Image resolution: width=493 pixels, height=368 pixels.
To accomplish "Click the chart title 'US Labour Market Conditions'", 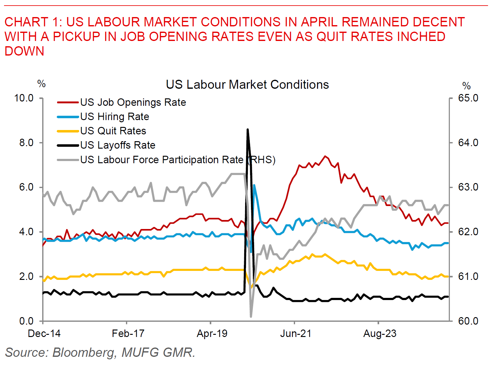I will click(x=247, y=85).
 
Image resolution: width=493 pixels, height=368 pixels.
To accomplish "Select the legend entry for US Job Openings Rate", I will click(x=133, y=102).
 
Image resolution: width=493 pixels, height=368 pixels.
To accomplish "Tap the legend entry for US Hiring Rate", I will click(x=114, y=117).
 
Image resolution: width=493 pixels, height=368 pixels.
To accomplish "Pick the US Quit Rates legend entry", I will click(x=113, y=131).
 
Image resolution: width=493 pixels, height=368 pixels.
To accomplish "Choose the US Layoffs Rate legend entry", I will click(x=118, y=145).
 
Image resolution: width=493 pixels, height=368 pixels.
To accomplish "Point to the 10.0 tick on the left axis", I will click(x=24, y=98).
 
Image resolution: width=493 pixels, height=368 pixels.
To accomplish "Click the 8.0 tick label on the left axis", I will click(x=26, y=143).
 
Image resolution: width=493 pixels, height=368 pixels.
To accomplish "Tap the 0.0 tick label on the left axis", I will click(x=26, y=321).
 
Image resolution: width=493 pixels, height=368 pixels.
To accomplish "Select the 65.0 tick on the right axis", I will click(x=468, y=98).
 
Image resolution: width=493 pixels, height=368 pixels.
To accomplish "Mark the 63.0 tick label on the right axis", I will click(x=468, y=187).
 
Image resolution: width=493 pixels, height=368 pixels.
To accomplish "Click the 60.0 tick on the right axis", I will click(x=468, y=321).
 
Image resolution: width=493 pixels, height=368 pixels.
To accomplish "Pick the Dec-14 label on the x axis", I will click(x=44, y=334).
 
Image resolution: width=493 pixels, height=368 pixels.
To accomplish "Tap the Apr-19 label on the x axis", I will click(x=212, y=334).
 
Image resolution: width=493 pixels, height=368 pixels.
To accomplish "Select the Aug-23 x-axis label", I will click(x=380, y=334).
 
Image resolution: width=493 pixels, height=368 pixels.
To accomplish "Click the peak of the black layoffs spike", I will click(x=248, y=129).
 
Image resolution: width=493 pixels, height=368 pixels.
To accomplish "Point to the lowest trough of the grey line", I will click(x=251, y=316).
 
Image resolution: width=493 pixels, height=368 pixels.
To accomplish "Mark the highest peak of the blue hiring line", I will click(x=254, y=185).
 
